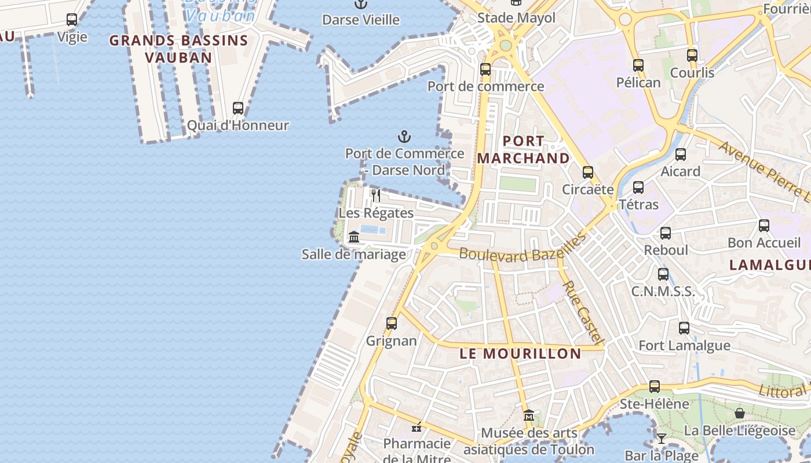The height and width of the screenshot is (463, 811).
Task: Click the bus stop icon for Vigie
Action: click(x=72, y=20)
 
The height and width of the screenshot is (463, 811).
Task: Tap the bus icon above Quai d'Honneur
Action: click(x=238, y=108)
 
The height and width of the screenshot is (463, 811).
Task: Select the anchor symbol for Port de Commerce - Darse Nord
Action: click(x=404, y=137)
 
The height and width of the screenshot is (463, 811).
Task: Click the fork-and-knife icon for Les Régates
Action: click(x=376, y=196)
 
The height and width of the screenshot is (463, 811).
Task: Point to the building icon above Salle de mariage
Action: click(x=354, y=237)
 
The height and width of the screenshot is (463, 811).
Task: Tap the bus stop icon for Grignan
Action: click(x=392, y=324)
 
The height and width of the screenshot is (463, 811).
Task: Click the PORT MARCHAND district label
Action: click(x=523, y=149)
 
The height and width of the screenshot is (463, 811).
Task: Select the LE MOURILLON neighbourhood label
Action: click(x=520, y=354)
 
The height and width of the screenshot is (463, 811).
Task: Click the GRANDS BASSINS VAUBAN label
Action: click(x=178, y=49)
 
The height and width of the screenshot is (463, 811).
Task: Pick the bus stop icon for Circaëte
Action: click(x=588, y=172)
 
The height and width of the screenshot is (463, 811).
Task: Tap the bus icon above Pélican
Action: click(x=638, y=65)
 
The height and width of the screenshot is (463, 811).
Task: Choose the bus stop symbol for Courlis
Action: click(x=692, y=56)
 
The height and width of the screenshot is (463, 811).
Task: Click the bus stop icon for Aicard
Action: click(x=681, y=155)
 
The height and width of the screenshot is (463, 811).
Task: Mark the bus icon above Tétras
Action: click(x=638, y=188)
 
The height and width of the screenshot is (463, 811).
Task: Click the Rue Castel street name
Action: click(x=584, y=313)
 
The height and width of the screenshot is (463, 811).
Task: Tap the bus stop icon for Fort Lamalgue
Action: click(x=684, y=328)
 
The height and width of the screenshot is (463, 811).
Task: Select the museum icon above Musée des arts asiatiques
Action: click(x=528, y=416)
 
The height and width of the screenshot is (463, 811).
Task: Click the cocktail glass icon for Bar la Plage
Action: click(x=662, y=438)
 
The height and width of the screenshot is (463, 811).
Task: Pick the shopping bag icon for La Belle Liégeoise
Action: click(x=740, y=413)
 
